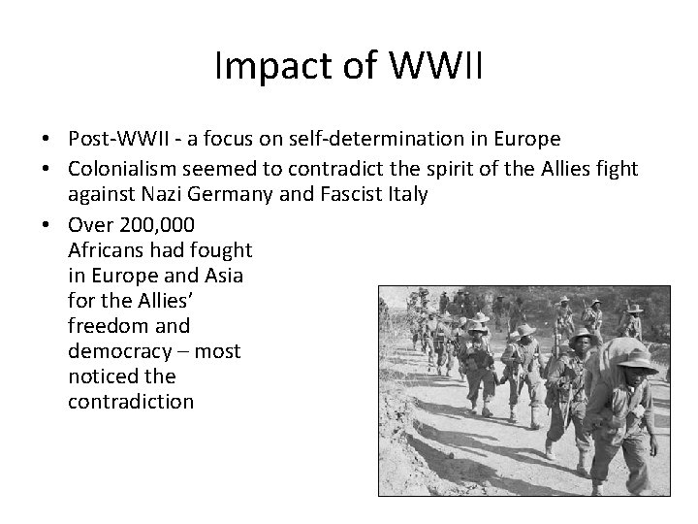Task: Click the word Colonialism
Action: tap(122, 169)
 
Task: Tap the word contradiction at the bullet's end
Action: tap(131, 402)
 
